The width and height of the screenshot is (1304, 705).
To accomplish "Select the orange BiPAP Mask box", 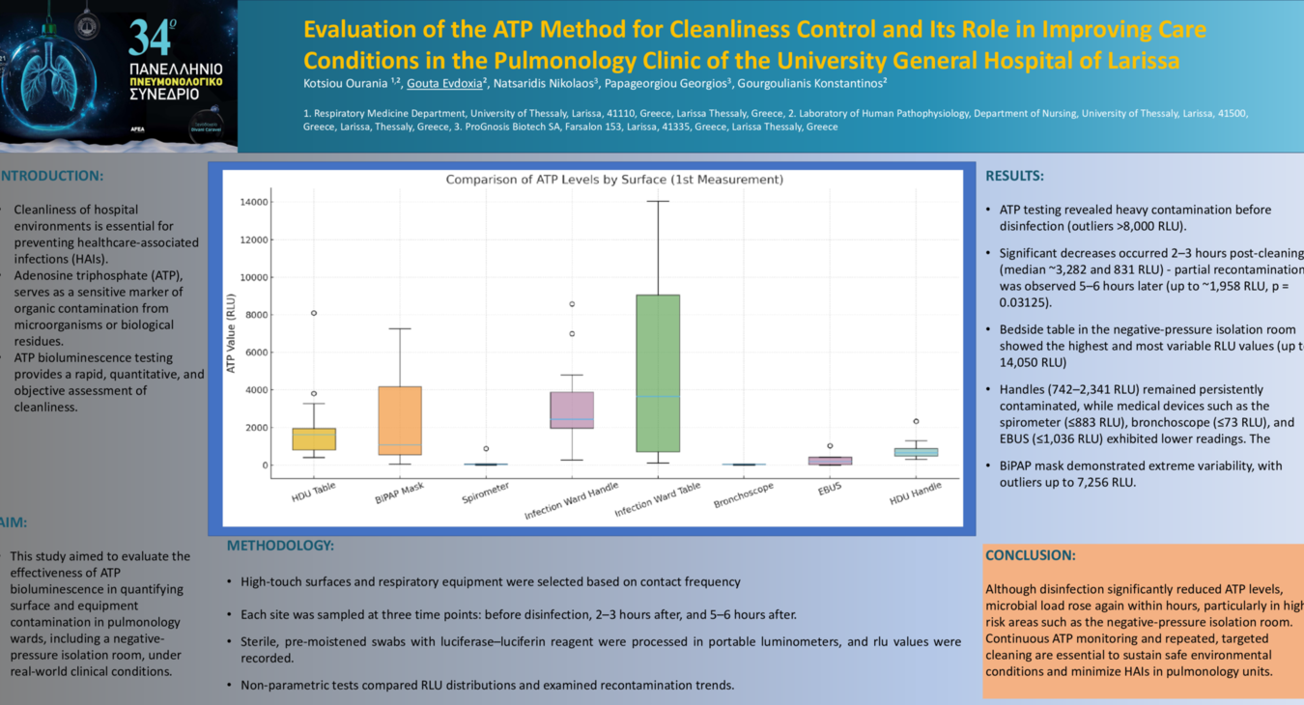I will coord(400,420).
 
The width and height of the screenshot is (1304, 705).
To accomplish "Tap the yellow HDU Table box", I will coord(314,438).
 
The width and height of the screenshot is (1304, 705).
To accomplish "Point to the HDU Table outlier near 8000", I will coord(314,313).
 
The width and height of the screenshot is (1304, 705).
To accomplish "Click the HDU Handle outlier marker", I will coord(915,421).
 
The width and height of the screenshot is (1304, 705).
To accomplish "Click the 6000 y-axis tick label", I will coord(254,352).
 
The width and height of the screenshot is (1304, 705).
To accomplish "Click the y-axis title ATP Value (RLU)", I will coord(231,333).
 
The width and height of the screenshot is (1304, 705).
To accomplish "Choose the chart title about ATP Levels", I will coord(613,180).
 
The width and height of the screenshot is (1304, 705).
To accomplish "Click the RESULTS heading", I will coord(1014,176).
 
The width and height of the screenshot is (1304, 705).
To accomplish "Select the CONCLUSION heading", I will coord(1030,555).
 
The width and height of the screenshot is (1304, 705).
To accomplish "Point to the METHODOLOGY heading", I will coord(280,546).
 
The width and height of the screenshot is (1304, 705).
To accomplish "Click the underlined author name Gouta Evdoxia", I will coord(445,83).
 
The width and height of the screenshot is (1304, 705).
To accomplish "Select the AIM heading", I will coord(14,522).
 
